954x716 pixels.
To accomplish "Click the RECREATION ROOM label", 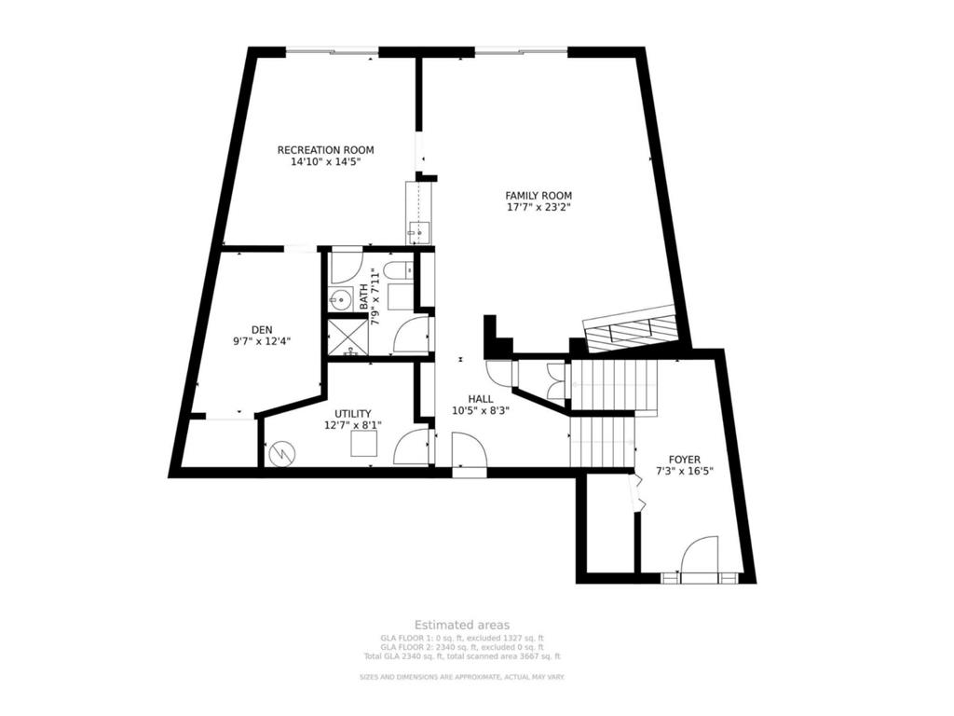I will point(325,149).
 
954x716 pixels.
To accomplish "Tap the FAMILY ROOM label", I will point(538,195).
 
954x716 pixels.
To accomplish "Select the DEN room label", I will point(262,328).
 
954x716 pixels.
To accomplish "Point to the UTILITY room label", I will point(353,413).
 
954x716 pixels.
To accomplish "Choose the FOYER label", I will point(685,459).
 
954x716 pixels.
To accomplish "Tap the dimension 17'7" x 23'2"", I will point(538,208).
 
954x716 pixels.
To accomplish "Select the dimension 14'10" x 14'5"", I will point(325,161).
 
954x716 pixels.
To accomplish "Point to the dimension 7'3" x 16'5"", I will point(685,472).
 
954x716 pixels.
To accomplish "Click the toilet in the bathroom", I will point(394,271).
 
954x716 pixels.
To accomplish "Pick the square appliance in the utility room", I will point(363,446).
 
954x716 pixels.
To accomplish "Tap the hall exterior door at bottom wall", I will point(468,457).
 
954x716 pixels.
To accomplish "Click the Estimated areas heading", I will point(462,625).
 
